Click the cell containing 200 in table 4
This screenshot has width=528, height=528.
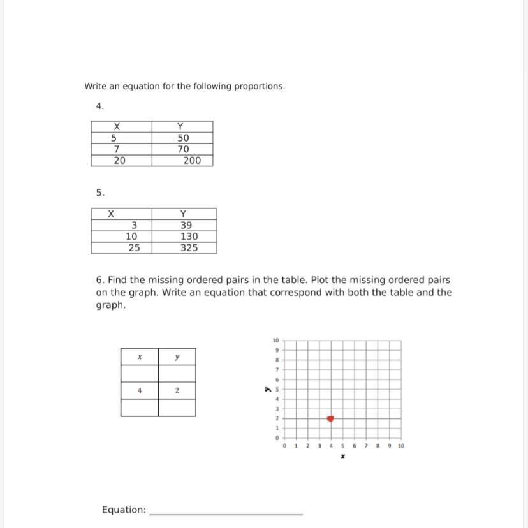[x=191, y=161]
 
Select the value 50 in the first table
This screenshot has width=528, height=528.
[x=183, y=138]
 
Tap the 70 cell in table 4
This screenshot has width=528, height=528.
[x=183, y=149]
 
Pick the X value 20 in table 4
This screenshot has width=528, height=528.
[x=119, y=161]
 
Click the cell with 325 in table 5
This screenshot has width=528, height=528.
[x=189, y=248]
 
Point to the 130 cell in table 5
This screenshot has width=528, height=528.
[x=189, y=237]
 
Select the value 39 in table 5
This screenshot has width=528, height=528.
[x=186, y=225]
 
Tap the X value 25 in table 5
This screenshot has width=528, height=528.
[x=134, y=248]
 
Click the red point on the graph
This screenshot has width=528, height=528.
[x=330, y=418]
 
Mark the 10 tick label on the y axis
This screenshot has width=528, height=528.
[x=275, y=340]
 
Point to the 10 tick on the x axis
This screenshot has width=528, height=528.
[x=400, y=446]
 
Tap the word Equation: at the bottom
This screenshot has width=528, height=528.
[x=124, y=510]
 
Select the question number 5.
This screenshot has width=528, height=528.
[x=100, y=192]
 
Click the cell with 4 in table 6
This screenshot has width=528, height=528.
[x=139, y=390]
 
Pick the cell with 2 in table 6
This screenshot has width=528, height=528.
[x=177, y=390]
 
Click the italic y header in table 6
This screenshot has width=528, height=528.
[x=177, y=358]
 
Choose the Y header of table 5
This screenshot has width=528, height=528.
[x=184, y=214]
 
